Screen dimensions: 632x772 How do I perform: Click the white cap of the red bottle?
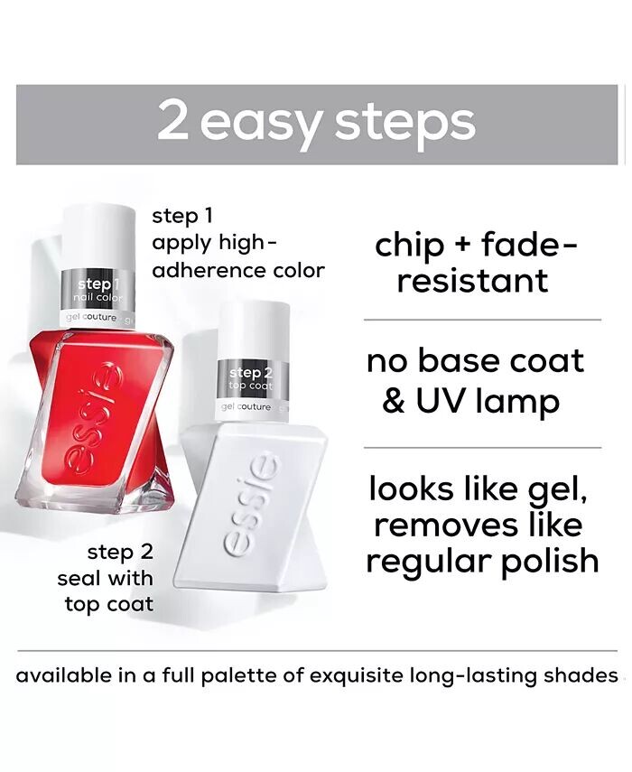click(98, 237)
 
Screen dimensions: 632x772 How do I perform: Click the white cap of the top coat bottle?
click(254, 330)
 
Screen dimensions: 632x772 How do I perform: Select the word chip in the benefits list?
click(409, 246)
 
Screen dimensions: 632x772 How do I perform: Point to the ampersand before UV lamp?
click(393, 401)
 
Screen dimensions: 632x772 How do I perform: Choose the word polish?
click(550, 563)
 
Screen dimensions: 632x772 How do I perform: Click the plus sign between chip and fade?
click(461, 246)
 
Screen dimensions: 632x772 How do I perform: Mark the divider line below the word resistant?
click(482, 320)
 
